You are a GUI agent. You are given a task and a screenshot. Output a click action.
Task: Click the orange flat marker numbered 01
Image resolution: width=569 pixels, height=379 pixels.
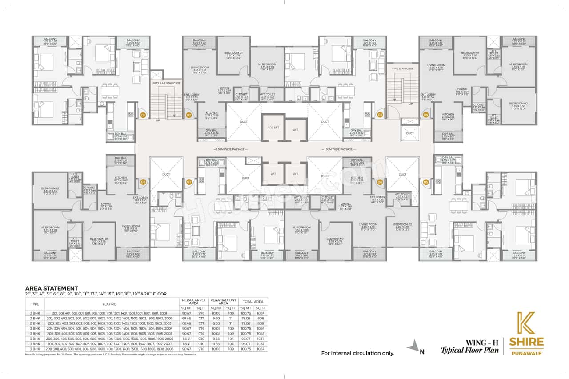143,115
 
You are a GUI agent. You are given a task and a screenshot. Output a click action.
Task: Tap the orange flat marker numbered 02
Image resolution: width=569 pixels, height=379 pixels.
188,115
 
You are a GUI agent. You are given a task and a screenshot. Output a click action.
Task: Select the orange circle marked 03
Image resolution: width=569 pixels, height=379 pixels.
380,115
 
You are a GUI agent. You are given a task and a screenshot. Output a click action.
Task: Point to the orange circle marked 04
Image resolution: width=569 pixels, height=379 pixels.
426,115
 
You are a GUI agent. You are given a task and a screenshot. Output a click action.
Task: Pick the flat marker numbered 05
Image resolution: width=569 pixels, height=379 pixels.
426,182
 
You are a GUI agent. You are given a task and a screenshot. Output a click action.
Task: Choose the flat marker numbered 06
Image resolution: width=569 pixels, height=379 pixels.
380,182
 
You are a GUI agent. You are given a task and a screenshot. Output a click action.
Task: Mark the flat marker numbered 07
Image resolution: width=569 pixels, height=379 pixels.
188,182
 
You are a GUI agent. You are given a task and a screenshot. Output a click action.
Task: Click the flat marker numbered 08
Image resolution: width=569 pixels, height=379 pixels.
143,182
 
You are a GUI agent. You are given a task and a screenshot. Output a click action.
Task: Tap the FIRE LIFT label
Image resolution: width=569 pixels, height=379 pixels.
272,128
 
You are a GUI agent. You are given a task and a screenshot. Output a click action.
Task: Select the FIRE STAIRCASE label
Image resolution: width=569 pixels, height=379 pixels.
403,69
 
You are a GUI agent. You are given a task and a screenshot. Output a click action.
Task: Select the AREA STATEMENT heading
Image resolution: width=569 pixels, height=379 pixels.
52,288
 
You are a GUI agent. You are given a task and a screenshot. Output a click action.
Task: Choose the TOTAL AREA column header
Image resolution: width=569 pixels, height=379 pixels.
253,301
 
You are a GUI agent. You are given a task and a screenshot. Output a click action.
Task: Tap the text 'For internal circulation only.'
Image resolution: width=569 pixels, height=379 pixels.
358,354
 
